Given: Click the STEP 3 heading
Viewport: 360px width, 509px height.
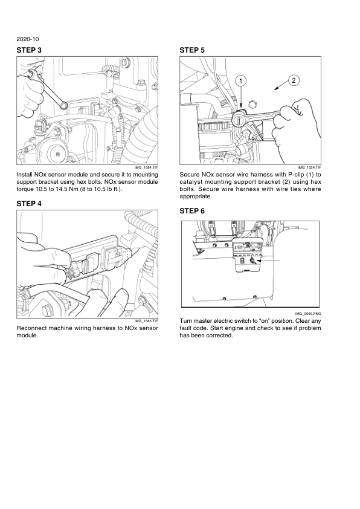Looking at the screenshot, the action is tap(29, 50).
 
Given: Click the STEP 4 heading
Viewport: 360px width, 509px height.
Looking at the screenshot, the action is tap(29, 204).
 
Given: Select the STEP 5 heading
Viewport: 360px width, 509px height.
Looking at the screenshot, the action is tap(192, 50).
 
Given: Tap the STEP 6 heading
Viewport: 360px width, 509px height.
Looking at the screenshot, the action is tap(192, 211).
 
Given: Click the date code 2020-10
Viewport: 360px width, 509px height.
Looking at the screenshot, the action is tap(28, 39).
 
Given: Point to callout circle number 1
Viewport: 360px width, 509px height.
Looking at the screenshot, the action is tap(240, 80).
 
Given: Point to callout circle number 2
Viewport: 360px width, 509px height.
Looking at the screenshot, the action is tap(294, 80).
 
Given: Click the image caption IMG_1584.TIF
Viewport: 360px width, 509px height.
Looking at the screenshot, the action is tap(146, 167).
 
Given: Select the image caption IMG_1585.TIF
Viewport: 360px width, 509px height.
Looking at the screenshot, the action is tap(146, 321).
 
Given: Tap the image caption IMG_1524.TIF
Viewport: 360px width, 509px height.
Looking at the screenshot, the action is tap(309, 167).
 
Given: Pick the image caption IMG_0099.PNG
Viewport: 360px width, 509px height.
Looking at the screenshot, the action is tap(308, 314).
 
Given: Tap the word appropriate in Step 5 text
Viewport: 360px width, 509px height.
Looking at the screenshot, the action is tap(195, 196).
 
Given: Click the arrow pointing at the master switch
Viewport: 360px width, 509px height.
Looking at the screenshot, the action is tap(268, 261).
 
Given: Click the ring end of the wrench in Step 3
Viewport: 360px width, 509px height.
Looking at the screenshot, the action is tap(63, 105).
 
